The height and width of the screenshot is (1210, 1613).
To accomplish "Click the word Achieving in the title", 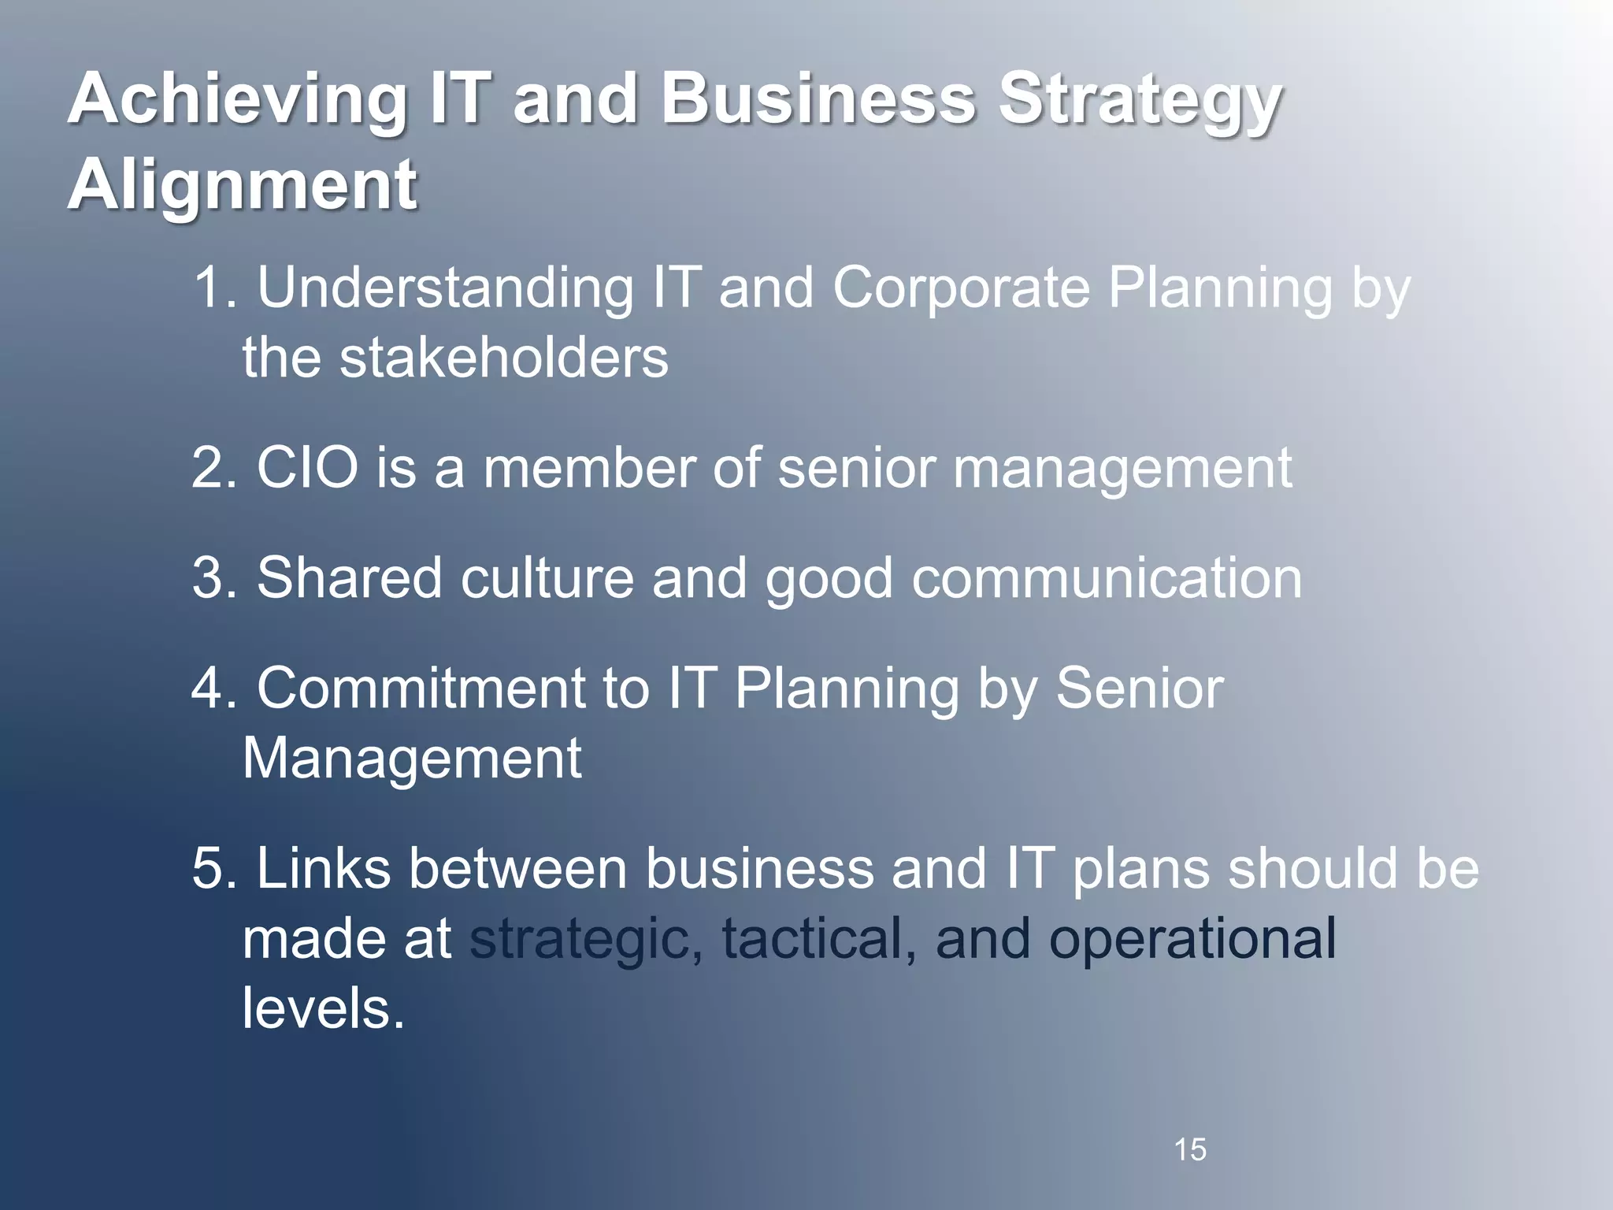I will [236, 101].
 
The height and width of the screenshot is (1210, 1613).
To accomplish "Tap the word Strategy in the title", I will [1140, 101].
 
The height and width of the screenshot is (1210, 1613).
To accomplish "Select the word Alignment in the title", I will [243, 186].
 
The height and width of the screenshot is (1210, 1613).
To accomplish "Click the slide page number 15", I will [1190, 1150].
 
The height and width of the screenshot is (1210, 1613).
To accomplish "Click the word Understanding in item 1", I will [445, 288].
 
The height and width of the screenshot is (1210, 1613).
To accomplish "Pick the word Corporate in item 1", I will [961, 288].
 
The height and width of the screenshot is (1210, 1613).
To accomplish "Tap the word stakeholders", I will [504, 358].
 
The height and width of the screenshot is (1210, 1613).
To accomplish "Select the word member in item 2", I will [589, 469].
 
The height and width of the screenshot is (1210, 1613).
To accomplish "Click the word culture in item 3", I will [547, 579].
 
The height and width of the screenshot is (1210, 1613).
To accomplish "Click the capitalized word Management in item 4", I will [412, 759].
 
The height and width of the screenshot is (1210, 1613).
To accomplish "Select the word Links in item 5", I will [323, 869].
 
